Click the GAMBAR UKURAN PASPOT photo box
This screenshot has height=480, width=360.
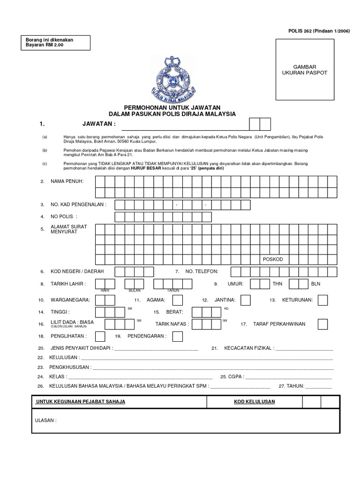305,70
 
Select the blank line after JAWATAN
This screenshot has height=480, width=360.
185,125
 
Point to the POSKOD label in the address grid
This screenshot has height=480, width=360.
273,259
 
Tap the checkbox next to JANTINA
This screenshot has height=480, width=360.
245,300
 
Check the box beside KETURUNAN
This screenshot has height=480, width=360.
322,300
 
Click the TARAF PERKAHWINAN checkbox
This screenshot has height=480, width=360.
322,324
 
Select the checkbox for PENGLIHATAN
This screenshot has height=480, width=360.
100,336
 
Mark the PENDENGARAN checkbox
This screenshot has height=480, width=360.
177,336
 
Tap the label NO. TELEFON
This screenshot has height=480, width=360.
202,271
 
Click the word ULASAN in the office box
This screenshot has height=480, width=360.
46,420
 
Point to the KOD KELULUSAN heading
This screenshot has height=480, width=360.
255,402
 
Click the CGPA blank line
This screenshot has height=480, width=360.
288,376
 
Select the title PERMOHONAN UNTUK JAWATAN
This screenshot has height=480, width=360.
172,108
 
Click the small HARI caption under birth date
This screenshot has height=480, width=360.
105,291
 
